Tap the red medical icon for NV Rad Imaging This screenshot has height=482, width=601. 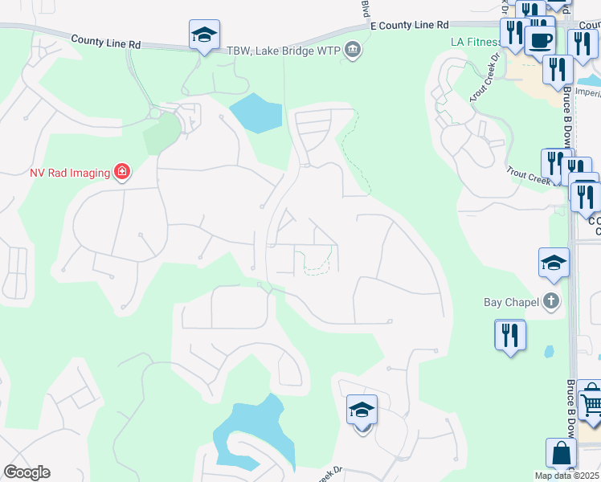pos(121,171)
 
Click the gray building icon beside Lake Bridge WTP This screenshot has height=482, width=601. pos(352,51)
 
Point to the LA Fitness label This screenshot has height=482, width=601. pos(476,40)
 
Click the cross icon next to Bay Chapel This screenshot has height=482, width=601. pos(550,302)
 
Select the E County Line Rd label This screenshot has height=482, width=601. pos(410,27)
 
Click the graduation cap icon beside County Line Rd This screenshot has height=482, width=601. pos(204,35)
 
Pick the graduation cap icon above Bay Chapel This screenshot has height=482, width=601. pos(554,263)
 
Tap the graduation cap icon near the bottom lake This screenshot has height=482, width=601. pos(362,410)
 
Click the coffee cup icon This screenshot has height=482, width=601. pos(540,39)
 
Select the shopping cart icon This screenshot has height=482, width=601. pos(591,399)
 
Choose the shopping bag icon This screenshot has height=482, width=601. pos(560,453)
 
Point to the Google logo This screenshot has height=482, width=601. pos(27,472)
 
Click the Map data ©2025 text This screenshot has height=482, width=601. pos(566,476)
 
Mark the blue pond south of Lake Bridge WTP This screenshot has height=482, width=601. pos(256,113)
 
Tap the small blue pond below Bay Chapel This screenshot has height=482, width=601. pos(548,352)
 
